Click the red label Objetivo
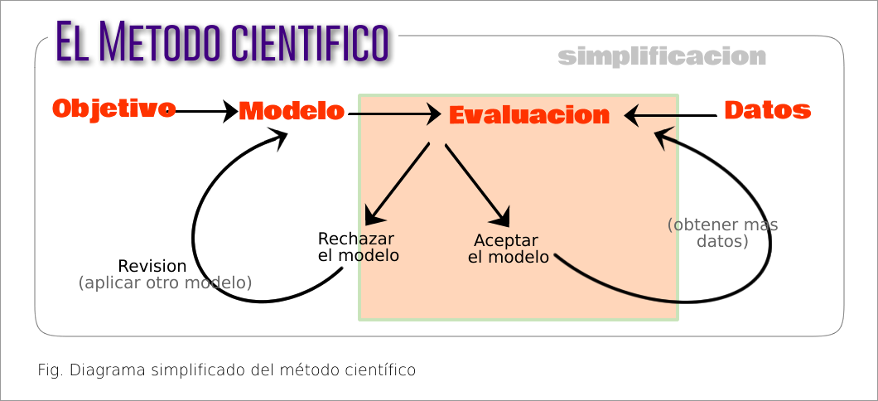[x=113, y=109]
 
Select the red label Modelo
[x=291, y=111]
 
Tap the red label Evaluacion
[x=529, y=115]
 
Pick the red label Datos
[x=767, y=110]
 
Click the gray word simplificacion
[x=662, y=57]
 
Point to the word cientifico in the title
[x=306, y=41]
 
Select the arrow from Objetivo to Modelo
[x=204, y=111]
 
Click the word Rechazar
[x=355, y=239]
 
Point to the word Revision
[x=152, y=267]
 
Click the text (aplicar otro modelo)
[x=165, y=283]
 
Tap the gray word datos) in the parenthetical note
[x=722, y=242]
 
